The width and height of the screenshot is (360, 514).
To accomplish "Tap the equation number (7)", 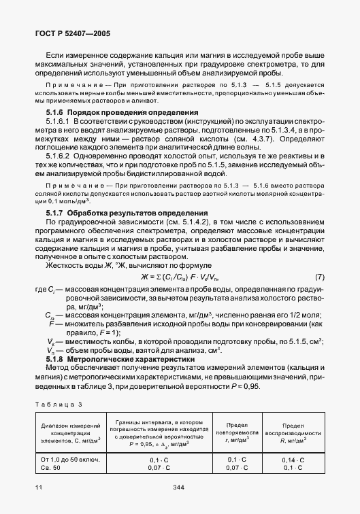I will [x=320, y=277].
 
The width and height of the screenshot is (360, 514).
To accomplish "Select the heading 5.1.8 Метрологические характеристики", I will [x=125, y=358].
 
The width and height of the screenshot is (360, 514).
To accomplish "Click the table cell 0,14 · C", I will [x=293, y=460].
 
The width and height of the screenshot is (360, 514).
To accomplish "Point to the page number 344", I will [x=180, y=487].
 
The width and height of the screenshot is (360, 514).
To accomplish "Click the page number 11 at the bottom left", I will [x=38, y=487].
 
